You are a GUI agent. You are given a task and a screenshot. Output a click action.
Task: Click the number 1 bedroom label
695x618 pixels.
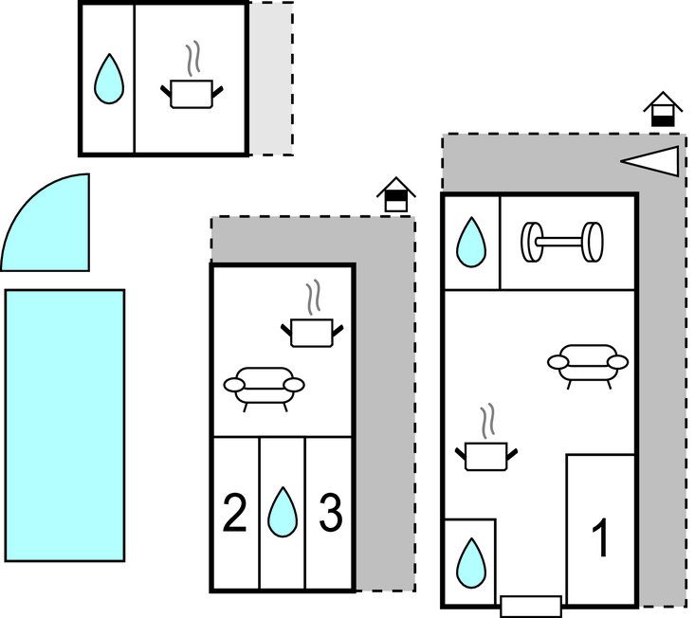[x=600, y=538]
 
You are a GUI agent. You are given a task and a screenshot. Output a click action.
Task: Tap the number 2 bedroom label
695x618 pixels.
[x=234, y=514]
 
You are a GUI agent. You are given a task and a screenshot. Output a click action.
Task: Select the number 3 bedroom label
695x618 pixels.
[x=329, y=514]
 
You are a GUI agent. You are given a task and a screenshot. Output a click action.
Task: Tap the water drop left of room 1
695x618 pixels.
[x=470, y=562]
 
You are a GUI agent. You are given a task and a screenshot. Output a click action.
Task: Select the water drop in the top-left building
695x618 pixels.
[x=108, y=79]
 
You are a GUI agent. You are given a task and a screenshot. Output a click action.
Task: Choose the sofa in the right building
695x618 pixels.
[x=588, y=364]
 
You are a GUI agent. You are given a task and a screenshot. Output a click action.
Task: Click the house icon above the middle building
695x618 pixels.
[x=396, y=196]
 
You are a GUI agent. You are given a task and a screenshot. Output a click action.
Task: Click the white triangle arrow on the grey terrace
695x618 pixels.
[x=654, y=162]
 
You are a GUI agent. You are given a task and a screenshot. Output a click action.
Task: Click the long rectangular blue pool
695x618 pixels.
[x=64, y=425]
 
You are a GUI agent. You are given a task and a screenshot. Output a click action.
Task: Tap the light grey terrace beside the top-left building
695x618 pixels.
[x=270, y=79]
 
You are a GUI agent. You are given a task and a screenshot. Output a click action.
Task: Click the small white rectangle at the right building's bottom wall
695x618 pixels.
[x=530, y=606]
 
